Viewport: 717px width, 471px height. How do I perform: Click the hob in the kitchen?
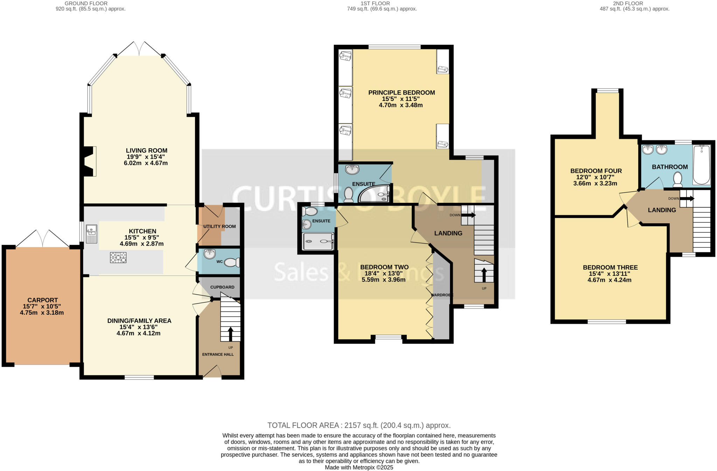tap(118, 258)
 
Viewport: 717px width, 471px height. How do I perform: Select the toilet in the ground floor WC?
tap(232, 262)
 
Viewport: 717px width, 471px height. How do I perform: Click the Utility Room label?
tap(220, 226)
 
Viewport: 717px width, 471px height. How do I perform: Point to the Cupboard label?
tap(222, 287)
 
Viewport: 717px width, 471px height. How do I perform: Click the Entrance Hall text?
tap(218, 354)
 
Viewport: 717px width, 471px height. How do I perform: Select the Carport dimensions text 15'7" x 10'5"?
tap(42, 306)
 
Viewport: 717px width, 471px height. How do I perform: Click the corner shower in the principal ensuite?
tap(376, 194)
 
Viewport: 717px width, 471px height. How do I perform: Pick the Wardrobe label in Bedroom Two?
tap(442, 295)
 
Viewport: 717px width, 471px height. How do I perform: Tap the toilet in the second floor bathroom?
tap(677, 179)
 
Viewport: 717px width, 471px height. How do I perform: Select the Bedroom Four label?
tap(596, 171)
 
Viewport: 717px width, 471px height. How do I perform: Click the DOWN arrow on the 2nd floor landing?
tap(687, 198)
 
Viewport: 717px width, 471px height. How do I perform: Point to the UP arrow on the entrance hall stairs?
tap(230, 334)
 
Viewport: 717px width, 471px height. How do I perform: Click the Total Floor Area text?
tap(359, 425)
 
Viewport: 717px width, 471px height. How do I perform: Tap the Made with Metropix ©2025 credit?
tap(359, 467)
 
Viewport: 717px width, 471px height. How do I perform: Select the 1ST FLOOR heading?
tap(375, 4)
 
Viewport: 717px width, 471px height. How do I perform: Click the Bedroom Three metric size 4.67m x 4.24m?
tap(609, 280)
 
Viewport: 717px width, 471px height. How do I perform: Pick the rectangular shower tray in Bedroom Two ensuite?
tap(318, 241)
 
